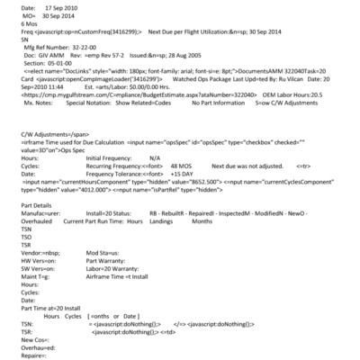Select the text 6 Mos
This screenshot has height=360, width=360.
pos(16,27)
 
